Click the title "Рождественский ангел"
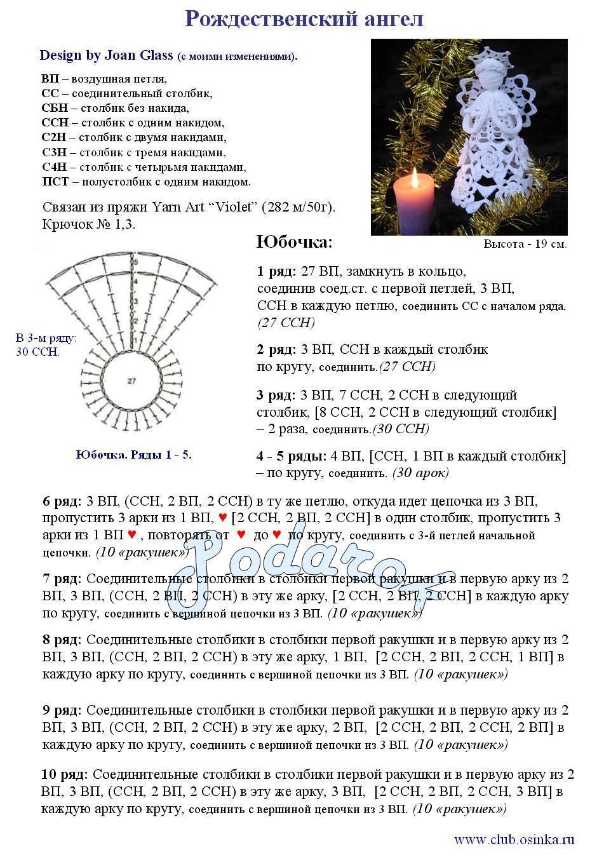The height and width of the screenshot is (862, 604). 304,19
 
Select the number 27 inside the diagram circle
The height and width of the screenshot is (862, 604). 131,381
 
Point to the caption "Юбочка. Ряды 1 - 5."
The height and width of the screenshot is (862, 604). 133,455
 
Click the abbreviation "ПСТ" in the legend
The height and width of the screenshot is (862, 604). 55,182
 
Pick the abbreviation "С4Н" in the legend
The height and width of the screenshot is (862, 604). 55,167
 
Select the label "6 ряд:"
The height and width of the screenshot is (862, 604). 62,501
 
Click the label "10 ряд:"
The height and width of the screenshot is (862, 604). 65,774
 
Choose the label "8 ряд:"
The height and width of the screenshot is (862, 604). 62,639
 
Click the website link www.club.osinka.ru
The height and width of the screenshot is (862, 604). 514,840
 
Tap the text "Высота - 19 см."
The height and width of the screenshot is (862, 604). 525,244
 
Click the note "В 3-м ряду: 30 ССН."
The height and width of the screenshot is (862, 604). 45,345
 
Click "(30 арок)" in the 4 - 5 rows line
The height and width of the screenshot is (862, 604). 420,473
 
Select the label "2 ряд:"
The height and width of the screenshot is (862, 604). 276,349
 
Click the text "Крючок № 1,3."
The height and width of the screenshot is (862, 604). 88,224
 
